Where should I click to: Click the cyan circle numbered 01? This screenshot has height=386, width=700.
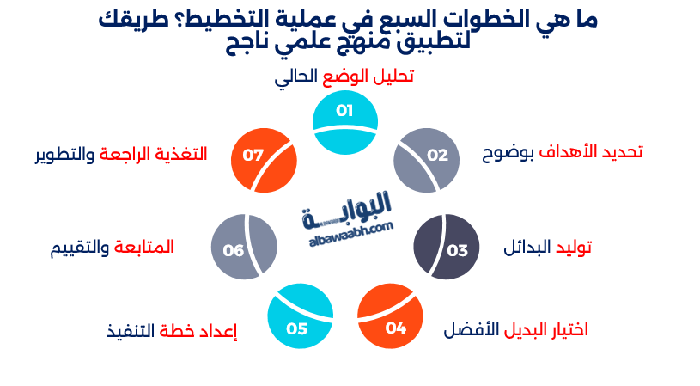pyautogui.click(x=344, y=123)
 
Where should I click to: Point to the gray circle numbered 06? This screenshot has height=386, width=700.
pyautogui.click(x=244, y=248)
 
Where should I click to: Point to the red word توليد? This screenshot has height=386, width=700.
pyautogui.click(x=572, y=248)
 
